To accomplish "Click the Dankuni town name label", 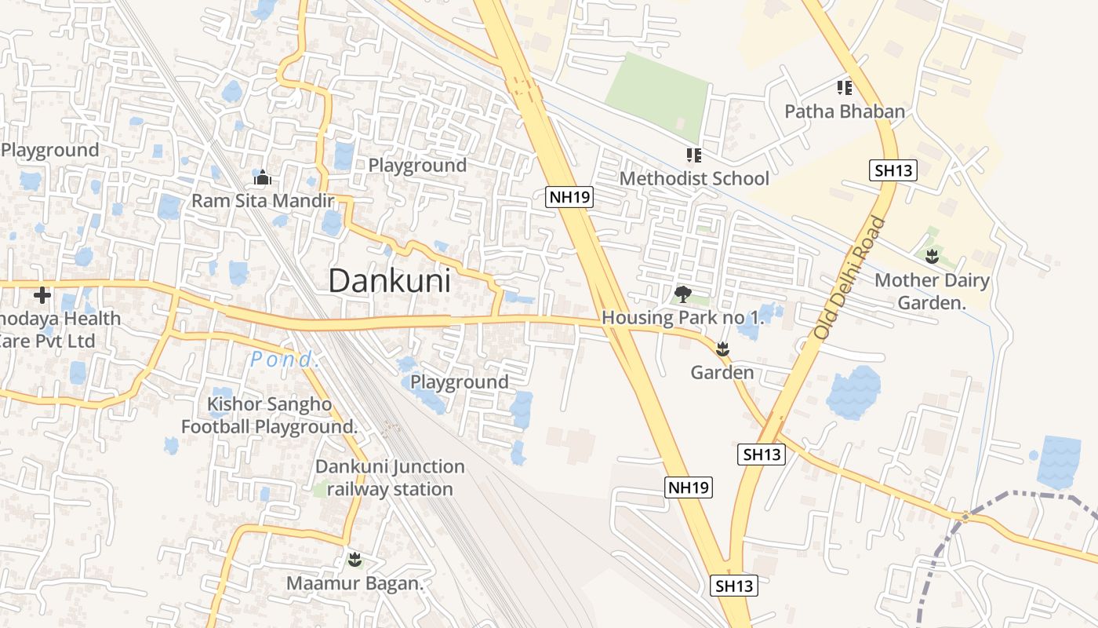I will [389, 281].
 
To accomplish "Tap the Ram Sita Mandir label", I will [263, 201].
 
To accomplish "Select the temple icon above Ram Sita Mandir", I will [263, 177].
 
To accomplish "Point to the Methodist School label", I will [694, 179].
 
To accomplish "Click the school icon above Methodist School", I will [693, 155].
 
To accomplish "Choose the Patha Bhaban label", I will [845, 111].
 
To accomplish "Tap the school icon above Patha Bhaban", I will [845, 87].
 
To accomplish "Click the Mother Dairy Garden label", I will [932, 291].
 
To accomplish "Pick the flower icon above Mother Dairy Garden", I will [932, 256].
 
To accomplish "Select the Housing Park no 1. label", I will [682, 318].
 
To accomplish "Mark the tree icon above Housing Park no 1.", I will [683, 295].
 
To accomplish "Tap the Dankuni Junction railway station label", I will [390, 477].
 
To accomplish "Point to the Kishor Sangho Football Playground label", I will [269, 415].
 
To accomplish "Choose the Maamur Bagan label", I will [354, 584].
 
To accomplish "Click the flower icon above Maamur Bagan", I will [354, 560].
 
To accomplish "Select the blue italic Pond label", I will [285, 360].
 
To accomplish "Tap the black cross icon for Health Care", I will [42, 295].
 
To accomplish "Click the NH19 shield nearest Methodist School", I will [569, 197].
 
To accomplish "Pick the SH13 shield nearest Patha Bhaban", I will [893, 170].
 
